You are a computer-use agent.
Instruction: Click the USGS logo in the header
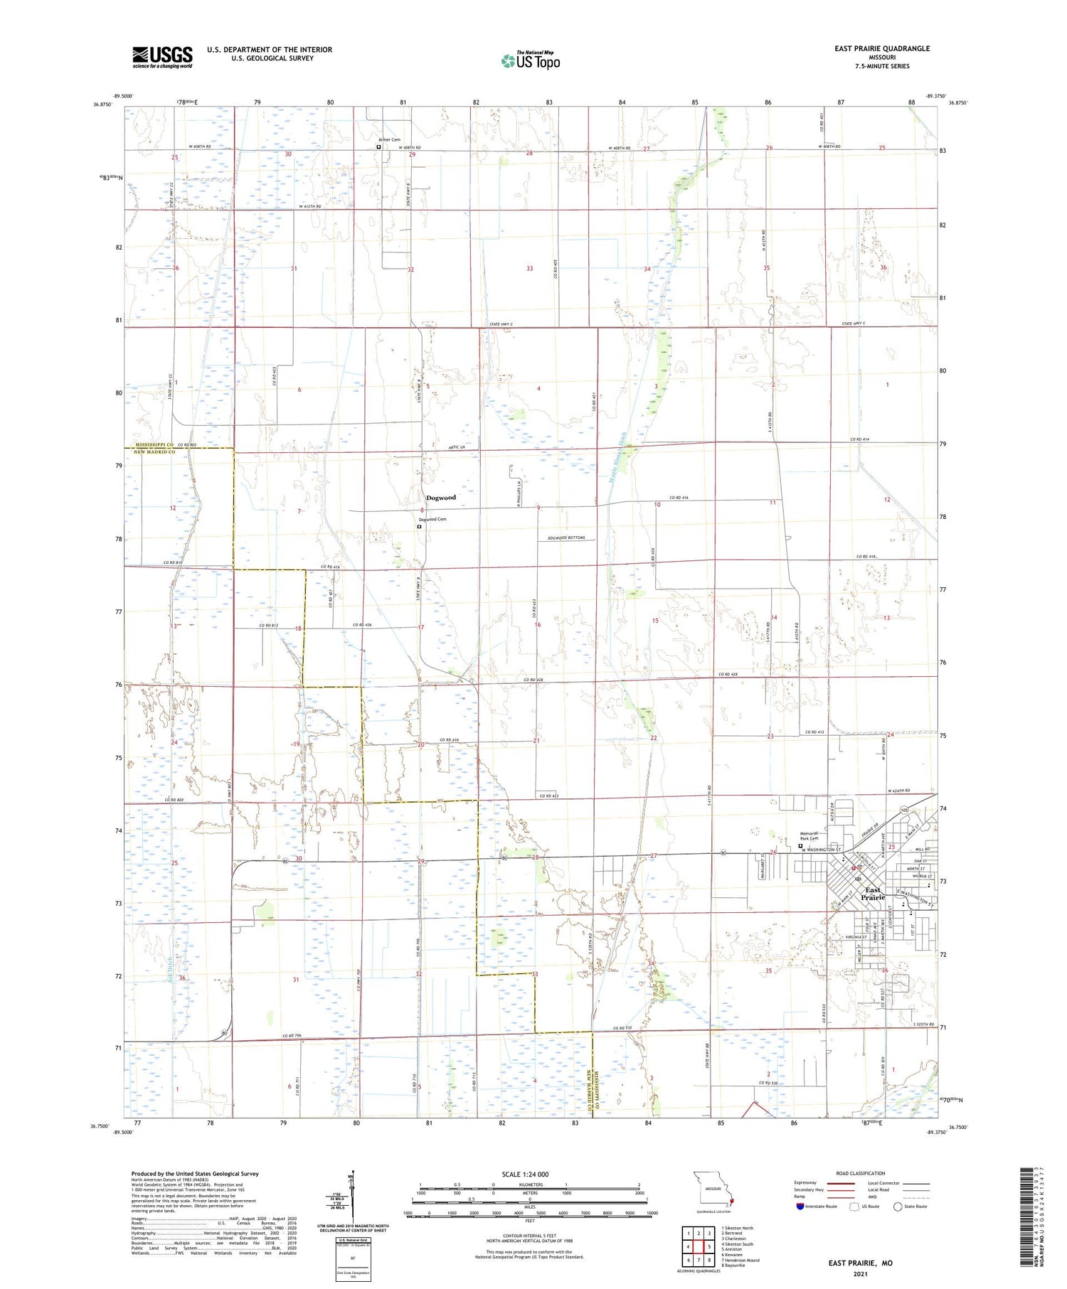pyautogui.click(x=162, y=57)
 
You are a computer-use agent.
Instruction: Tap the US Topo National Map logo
pyautogui.click(x=530, y=60)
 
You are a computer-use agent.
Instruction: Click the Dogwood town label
pyautogui.click(x=440, y=498)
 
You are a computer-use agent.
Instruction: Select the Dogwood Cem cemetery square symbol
pyautogui.click(x=420, y=528)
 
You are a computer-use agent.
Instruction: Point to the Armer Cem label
pyautogui.click(x=389, y=140)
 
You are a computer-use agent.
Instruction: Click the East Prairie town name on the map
pyautogui.click(x=873, y=894)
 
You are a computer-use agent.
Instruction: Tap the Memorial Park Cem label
pyautogui.click(x=809, y=836)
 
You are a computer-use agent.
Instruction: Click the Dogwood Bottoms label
pyautogui.click(x=566, y=538)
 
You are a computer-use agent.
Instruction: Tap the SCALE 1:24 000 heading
pyautogui.click(x=525, y=1175)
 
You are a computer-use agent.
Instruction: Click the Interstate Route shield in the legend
pyautogui.click(x=801, y=1207)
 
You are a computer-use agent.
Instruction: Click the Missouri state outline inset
pyautogui.click(x=713, y=1189)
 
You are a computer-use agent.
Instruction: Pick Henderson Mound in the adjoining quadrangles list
pyautogui.click(x=740, y=1260)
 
